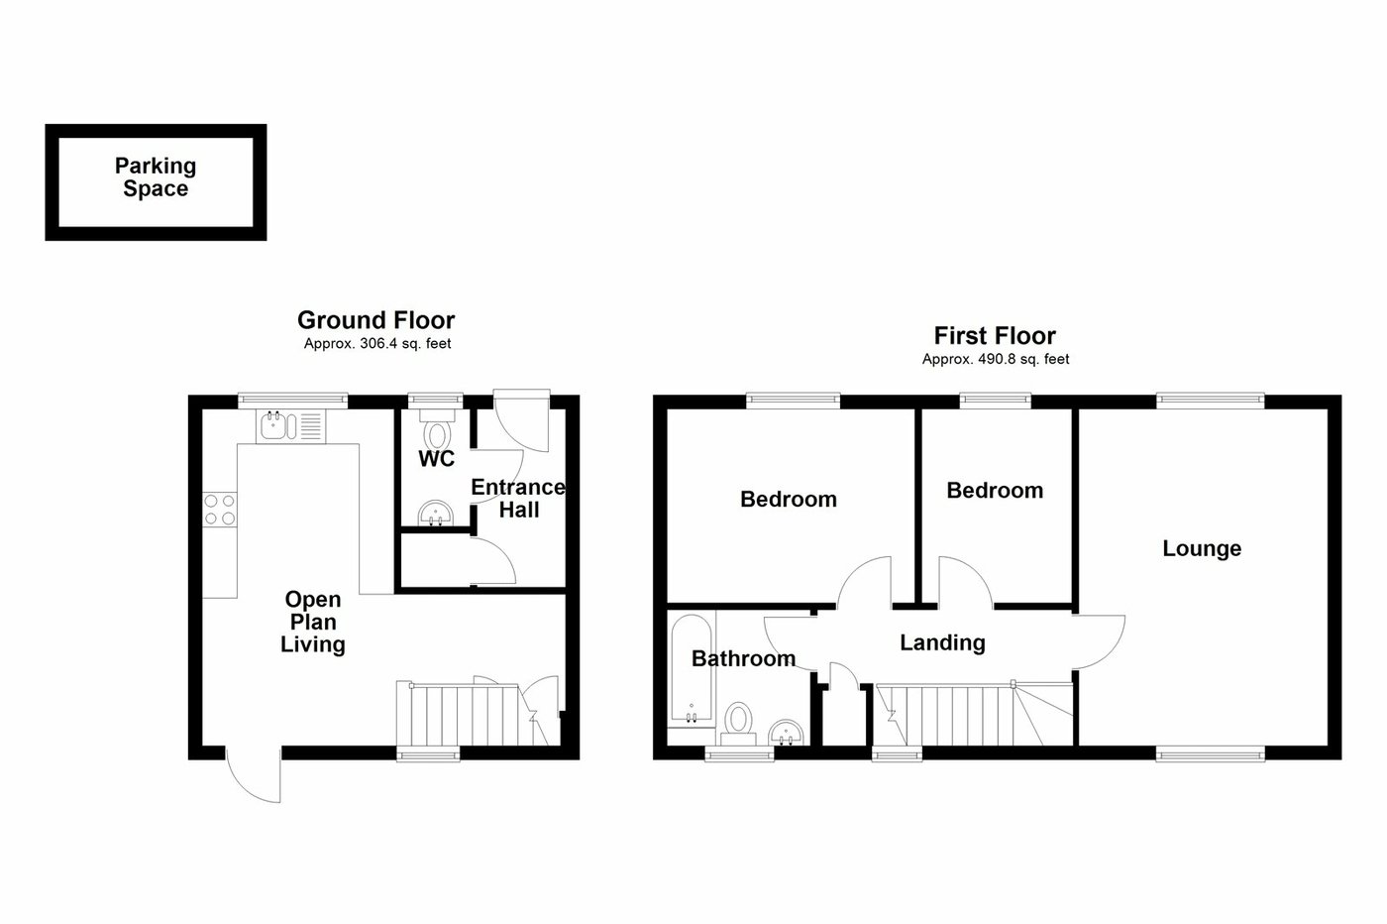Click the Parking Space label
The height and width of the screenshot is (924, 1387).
[156, 177]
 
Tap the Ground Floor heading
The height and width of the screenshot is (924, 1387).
[375, 320]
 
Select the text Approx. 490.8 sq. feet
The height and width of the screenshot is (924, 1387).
[995, 360]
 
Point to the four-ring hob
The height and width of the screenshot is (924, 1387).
[220, 510]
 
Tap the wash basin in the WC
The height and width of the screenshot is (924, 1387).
[436, 512]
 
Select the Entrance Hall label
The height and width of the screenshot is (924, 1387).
[518, 499]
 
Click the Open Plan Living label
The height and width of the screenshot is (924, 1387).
[313, 622]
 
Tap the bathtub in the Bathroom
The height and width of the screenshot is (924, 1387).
[691, 672]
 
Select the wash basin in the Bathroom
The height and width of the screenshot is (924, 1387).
[789, 733]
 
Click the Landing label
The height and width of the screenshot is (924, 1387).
[942, 642]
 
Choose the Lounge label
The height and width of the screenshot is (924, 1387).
[1202, 548]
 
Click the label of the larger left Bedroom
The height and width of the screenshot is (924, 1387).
[789, 499]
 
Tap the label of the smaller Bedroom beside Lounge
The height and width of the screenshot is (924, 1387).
[995, 491]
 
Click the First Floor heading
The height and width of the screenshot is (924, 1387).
[995, 336]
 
